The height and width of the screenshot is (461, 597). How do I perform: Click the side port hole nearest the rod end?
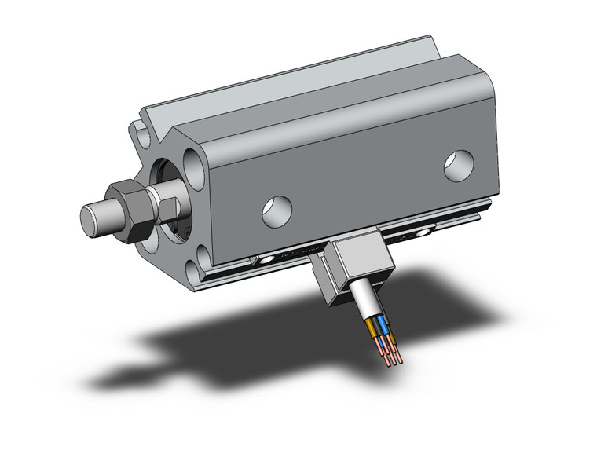(x=277, y=211)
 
